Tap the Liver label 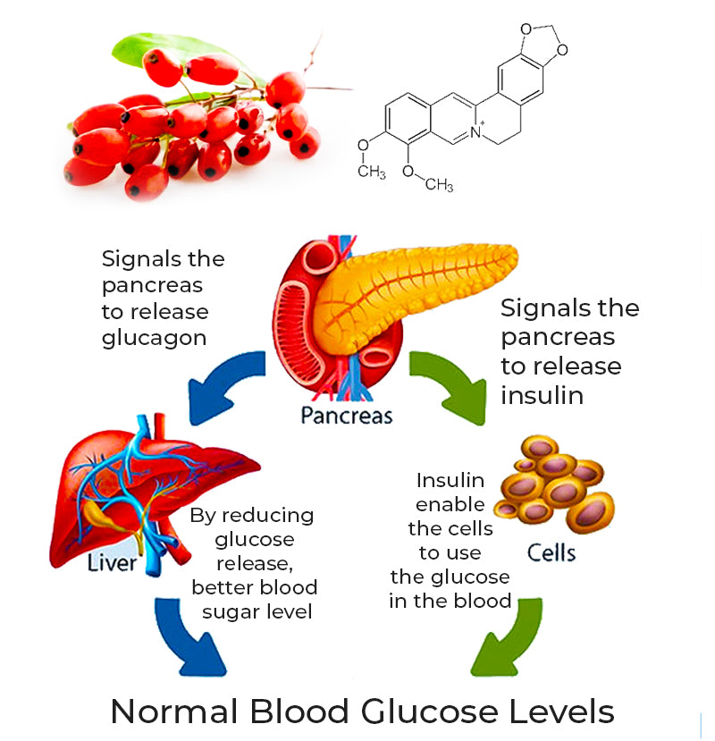coord(113,563)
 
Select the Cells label coord(551,552)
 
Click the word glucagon coord(154,337)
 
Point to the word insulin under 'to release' coord(542,394)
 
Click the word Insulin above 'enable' coord(450,482)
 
